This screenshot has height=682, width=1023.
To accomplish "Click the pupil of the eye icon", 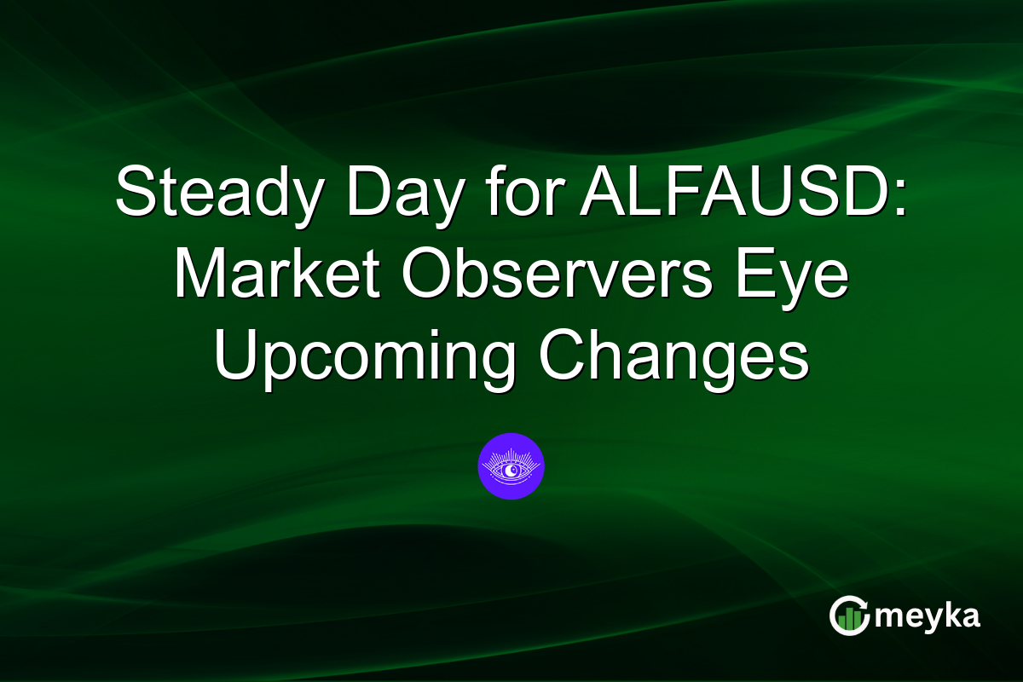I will coord(511,470).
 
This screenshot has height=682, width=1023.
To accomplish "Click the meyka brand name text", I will coord(930,616).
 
